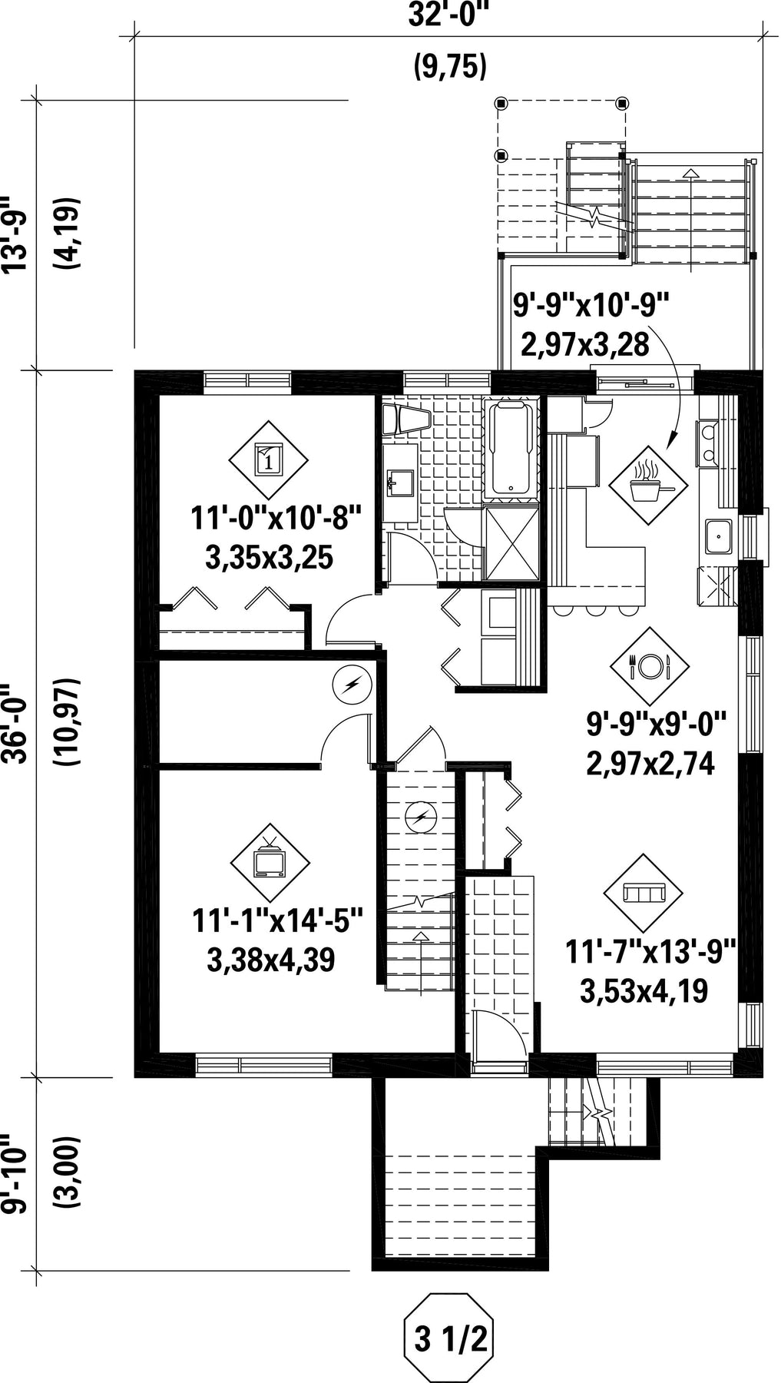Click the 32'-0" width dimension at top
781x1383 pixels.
click(449, 15)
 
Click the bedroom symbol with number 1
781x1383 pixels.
click(268, 460)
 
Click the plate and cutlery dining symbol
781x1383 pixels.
click(650, 665)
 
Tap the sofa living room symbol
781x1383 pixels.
click(644, 892)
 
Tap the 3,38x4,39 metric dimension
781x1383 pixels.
click(270, 960)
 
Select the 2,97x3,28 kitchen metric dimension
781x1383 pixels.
click(584, 343)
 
